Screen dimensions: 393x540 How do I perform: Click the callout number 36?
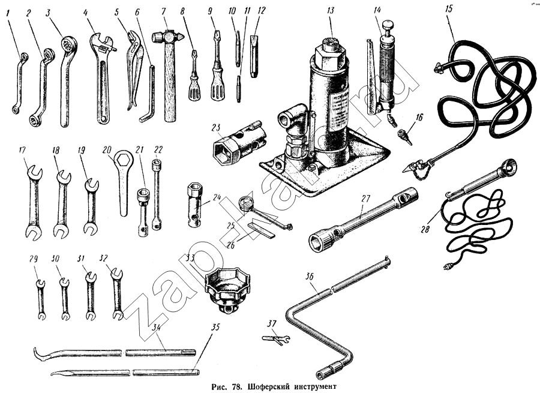(x=308, y=276)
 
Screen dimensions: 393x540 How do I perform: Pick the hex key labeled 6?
(x=150, y=96)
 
